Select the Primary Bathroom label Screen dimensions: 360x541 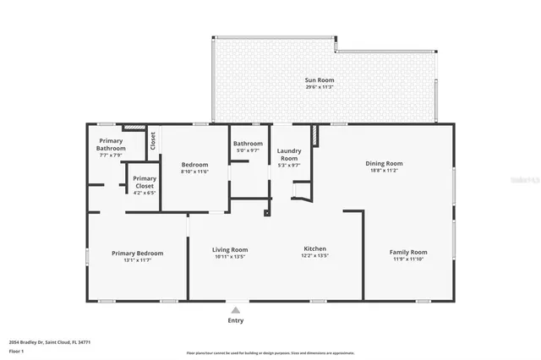tap(111, 144)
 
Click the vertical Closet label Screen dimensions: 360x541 tap(153, 140)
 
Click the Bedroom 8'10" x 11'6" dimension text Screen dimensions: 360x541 tap(194, 172)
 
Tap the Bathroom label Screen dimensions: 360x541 tap(249, 144)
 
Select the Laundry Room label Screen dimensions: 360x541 tap(289, 155)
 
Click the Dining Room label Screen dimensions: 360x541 tap(384, 163)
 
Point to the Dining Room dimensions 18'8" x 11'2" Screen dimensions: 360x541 tap(384, 170)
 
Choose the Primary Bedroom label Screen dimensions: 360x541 tap(138, 253)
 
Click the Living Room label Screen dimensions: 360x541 tap(229, 249)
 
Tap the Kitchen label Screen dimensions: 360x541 tap(315, 249)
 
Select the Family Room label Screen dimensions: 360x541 tap(408, 252)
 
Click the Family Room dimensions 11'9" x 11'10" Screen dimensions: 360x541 tap(408, 259)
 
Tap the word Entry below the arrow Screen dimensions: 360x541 tap(236, 320)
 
